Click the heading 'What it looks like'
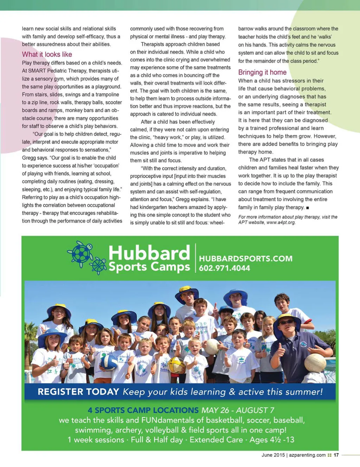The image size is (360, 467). coord(47,54)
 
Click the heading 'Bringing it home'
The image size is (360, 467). coord(262,72)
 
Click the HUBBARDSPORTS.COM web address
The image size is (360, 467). coord(245,259)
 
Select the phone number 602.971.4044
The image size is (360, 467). coord(224,268)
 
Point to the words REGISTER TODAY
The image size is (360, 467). coord(78,392)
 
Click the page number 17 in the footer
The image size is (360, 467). coord(336,455)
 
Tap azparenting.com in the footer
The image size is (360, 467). coord(307,455)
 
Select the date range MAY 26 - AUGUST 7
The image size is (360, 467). coord(237,410)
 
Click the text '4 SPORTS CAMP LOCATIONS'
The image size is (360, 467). coord(143,410)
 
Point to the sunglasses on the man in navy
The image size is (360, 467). coord(286,322)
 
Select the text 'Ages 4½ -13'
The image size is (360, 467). coord(271,440)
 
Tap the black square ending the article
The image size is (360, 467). coord(308,208)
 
